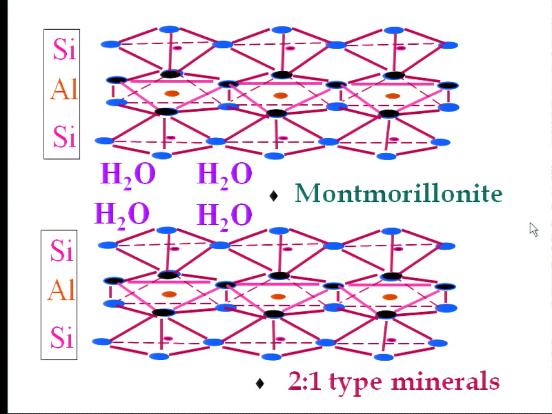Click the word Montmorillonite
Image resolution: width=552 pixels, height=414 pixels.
click(x=398, y=193)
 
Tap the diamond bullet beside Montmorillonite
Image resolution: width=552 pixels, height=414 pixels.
click(x=273, y=196)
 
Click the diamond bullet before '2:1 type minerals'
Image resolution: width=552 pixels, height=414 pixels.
click(x=260, y=383)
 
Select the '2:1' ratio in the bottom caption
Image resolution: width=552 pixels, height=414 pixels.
click(x=304, y=381)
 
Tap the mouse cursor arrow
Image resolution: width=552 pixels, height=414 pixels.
click(x=534, y=230)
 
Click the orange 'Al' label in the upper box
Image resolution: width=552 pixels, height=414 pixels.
click(x=64, y=89)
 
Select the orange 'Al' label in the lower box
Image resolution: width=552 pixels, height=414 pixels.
click(x=61, y=290)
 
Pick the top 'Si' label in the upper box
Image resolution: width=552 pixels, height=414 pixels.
click(x=65, y=49)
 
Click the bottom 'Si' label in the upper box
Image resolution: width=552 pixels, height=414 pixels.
click(x=65, y=136)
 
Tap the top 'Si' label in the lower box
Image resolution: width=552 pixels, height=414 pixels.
click(x=62, y=250)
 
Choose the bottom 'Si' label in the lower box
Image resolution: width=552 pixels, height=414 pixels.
click(x=62, y=337)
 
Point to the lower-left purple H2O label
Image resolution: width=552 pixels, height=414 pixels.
click(x=122, y=216)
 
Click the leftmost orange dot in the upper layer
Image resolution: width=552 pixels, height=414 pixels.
click(x=172, y=93)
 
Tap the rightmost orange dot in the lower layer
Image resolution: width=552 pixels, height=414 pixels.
click(x=390, y=297)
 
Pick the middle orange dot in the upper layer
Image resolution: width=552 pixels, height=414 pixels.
click(x=280, y=95)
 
